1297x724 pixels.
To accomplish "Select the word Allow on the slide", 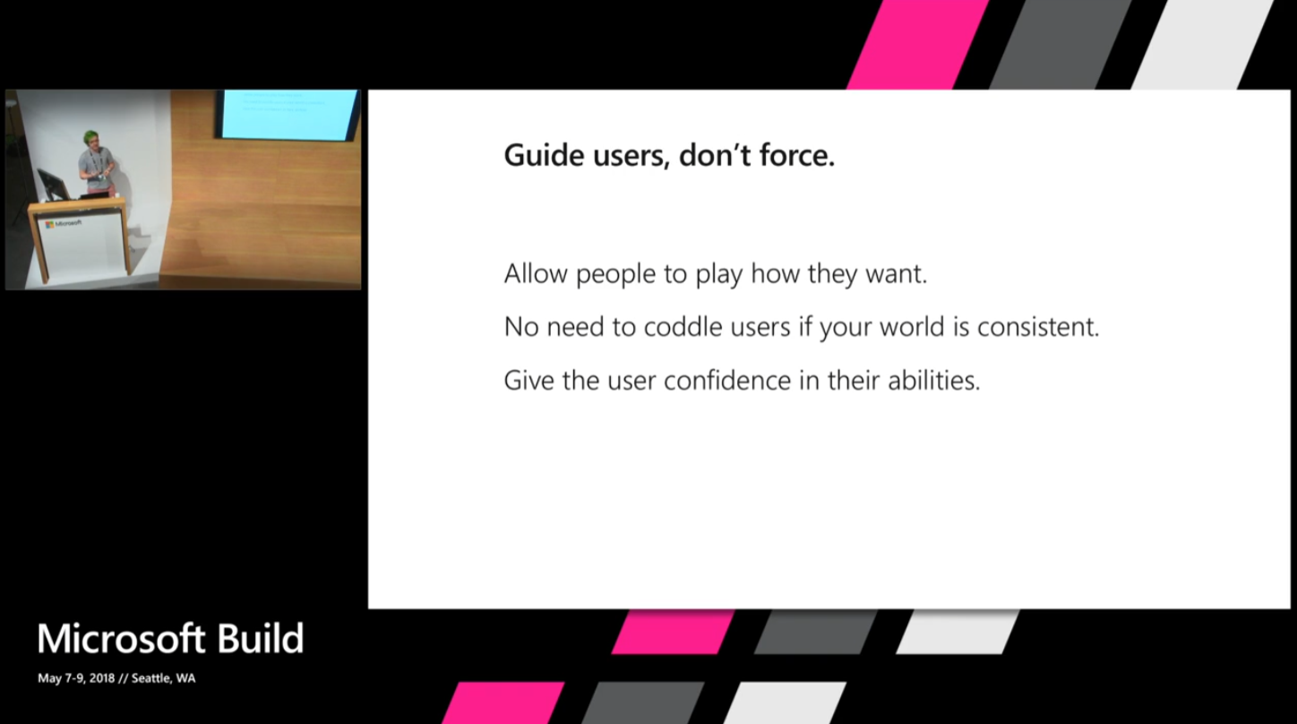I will point(535,273).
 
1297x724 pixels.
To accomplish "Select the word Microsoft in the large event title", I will point(119,639).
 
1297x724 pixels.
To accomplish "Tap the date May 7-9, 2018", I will point(76,678).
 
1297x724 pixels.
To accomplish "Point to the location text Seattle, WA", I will point(163,678).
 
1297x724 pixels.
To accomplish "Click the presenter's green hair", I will point(90,137).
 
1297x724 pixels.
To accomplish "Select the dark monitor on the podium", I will point(53,184).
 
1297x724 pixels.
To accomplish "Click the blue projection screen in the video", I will point(287,114).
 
